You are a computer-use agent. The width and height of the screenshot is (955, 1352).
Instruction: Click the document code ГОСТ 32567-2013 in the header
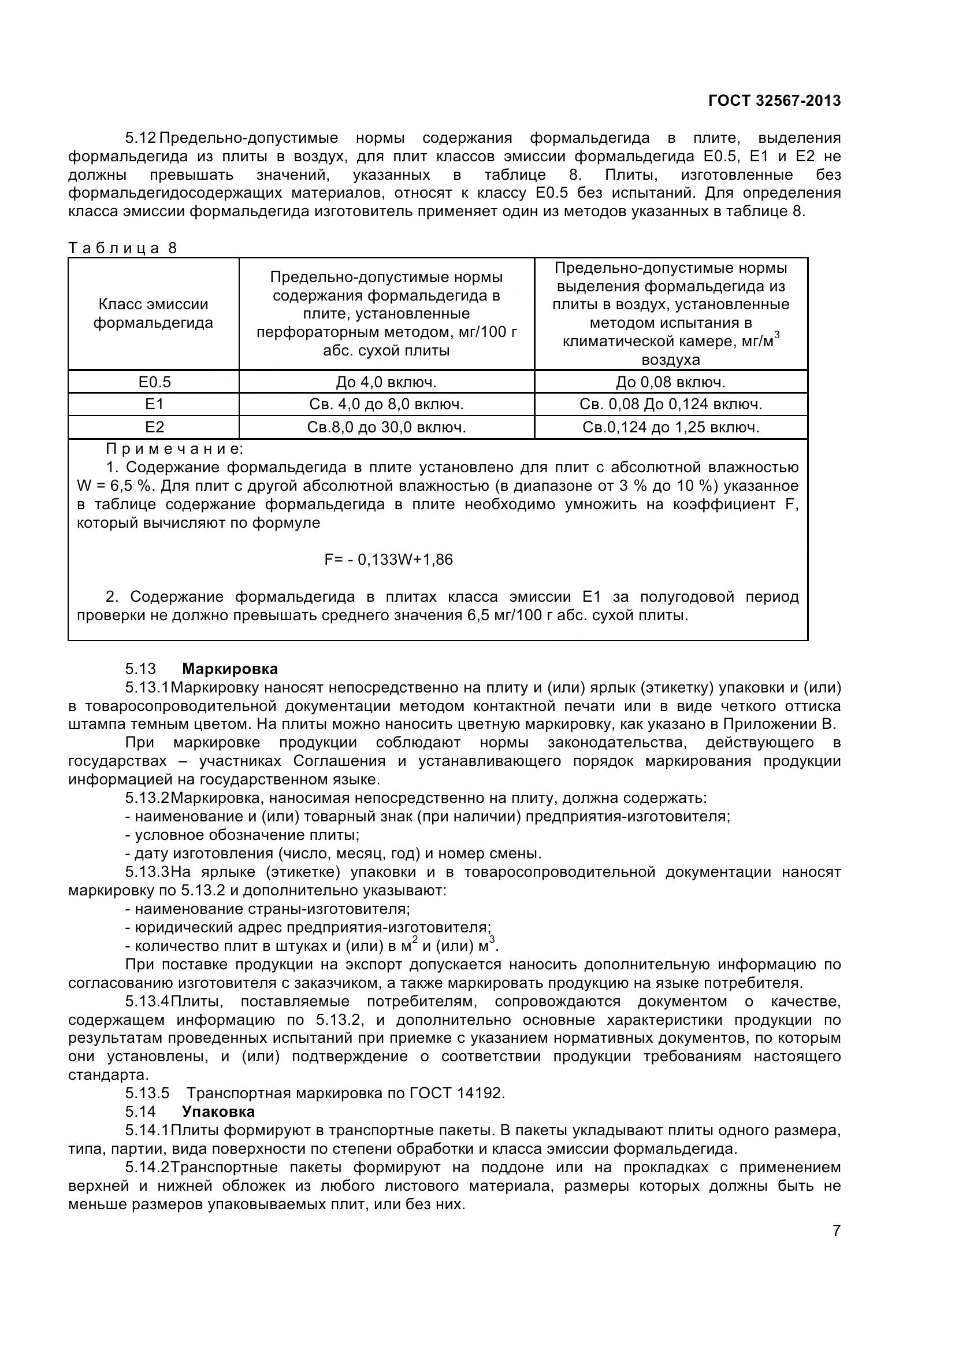click(x=774, y=101)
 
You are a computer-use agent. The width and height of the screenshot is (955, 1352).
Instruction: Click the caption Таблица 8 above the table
click(x=122, y=248)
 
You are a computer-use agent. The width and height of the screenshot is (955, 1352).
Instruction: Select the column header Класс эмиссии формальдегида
click(x=153, y=313)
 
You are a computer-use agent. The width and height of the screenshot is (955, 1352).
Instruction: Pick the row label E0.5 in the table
click(x=154, y=382)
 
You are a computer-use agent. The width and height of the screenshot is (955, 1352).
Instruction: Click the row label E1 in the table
click(x=154, y=405)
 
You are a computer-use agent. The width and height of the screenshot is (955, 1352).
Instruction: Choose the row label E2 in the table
click(x=154, y=428)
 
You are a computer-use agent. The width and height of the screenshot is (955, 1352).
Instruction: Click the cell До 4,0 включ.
click(x=386, y=383)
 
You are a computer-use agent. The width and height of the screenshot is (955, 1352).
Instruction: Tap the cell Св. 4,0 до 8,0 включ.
click(x=386, y=405)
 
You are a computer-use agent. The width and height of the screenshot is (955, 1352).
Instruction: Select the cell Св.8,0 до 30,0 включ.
click(x=386, y=428)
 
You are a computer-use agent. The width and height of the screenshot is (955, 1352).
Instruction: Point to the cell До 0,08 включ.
click(x=670, y=383)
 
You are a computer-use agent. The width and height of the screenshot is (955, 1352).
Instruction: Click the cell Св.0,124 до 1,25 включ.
click(x=670, y=428)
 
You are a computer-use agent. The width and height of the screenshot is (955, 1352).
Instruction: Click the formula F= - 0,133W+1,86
click(x=388, y=560)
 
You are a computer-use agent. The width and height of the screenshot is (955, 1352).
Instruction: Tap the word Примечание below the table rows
click(x=174, y=449)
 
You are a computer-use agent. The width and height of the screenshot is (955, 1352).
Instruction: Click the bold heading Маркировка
click(x=229, y=669)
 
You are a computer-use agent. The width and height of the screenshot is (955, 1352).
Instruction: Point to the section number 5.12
click(x=140, y=138)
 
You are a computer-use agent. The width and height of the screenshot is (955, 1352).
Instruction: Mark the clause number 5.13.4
click(x=147, y=1002)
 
